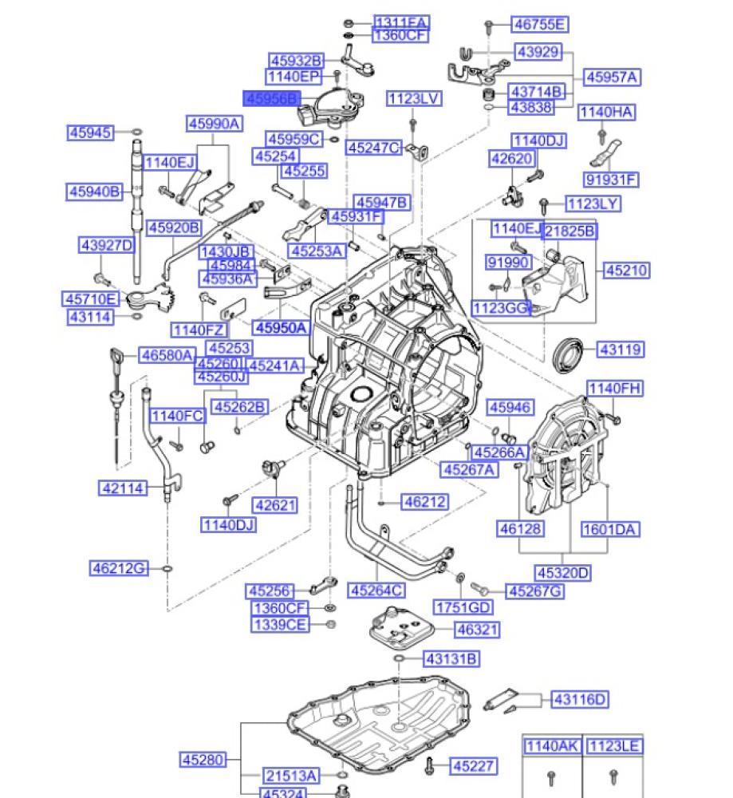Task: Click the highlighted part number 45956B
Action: coord(272,98)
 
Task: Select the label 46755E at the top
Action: coord(540,25)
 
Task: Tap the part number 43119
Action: coord(620,350)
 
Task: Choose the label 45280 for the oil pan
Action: coord(203,760)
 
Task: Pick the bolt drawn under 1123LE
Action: coord(613,775)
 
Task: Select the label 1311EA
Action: coord(400,22)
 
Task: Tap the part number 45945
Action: coord(90,132)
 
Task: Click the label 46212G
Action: coord(119,568)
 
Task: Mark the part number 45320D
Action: coord(563,572)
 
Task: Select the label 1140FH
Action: coord(615,389)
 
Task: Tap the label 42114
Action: coord(124,487)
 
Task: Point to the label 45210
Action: coord(626,271)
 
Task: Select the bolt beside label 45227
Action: coord(429,764)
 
